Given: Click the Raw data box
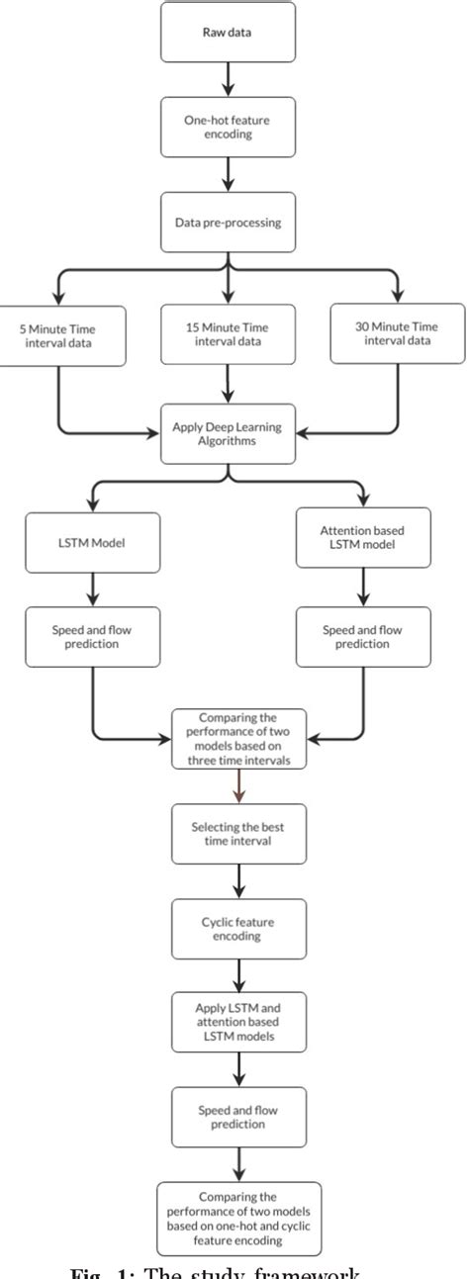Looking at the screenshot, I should pyautogui.click(x=230, y=31).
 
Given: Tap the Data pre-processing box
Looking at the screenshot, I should pyautogui.click(x=230, y=222).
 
